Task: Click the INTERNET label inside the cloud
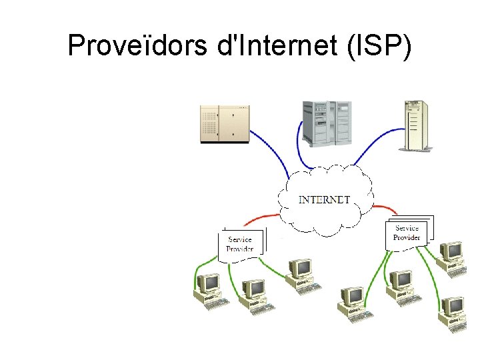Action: pyautogui.click(x=324, y=199)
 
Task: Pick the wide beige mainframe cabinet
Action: pyautogui.click(x=225, y=124)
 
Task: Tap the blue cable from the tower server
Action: pyautogui.click(x=377, y=143)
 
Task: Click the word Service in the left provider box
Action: pyautogui.click(x=240, y=239)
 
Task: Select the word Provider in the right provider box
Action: pyautogui.click(x=407, y=237)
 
